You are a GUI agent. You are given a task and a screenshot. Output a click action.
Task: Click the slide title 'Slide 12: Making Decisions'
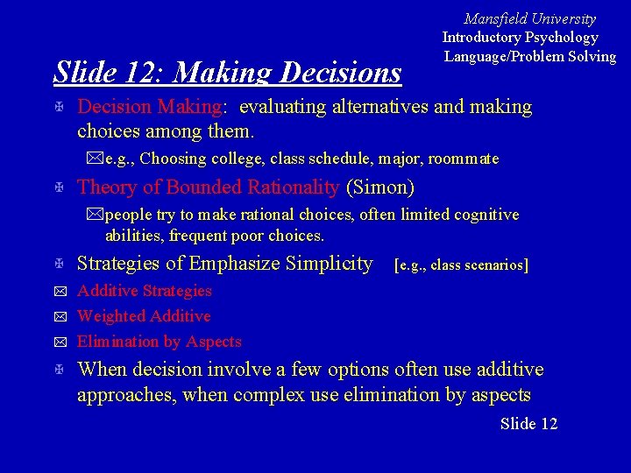pos(227,72)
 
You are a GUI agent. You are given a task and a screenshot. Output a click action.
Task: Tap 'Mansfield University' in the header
pos(529,18)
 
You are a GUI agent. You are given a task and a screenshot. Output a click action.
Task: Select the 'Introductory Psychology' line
pos(520,37)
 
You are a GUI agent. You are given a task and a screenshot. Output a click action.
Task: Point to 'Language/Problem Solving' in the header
pos(529,56)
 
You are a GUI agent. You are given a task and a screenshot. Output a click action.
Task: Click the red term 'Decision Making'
pos(150,107)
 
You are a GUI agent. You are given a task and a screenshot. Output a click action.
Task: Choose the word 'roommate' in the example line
pos(466,159)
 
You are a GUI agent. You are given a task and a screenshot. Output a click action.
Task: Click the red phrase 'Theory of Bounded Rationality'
pos(208,187)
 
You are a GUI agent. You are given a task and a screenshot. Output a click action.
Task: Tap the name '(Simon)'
pos(380,187)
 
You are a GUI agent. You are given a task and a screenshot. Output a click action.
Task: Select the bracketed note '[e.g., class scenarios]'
pos(462,265)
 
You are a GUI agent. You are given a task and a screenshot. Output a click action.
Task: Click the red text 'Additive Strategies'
pos(145,290)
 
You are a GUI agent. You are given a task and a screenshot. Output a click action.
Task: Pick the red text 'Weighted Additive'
pos(144,315)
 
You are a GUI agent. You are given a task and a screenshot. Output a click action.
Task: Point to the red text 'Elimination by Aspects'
pos(159,341)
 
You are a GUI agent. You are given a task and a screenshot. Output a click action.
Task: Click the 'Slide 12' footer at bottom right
pos(528,424)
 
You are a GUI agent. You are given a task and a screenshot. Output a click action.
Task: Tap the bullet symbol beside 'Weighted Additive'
pos(57,316)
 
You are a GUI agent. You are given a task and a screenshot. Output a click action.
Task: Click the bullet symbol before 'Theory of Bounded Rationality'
pos(57,187)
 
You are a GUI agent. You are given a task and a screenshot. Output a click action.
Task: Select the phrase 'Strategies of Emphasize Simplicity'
pos(224,263)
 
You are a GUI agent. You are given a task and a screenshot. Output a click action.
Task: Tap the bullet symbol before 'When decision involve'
pos(57,371)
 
